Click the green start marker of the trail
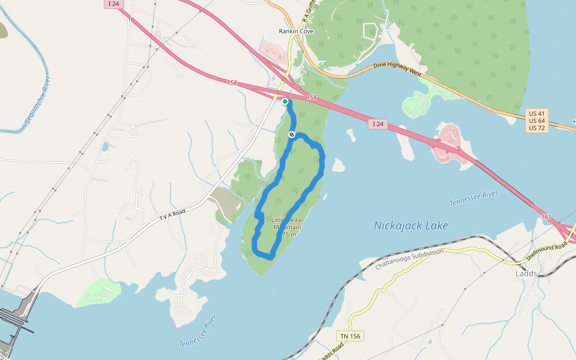tap(285, 101)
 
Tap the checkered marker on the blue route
tap(292, 134)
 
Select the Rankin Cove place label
tap(296, 31)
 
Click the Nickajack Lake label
tap(410, 226)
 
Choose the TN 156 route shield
tap(349, 336)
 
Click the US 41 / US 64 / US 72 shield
tap(537, 121)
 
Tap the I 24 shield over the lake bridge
tap(377, 124)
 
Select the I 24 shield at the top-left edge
tap(112, 4)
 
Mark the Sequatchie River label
tap(37, 104)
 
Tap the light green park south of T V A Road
tap(98, 292)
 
